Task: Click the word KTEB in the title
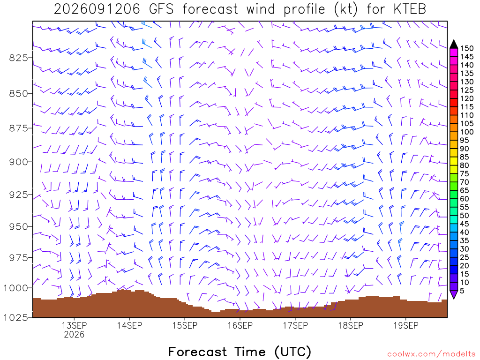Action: click(410, 9)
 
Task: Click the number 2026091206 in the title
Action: click(97, 9)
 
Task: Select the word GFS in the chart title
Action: click(161, 9)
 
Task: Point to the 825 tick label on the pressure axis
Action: click(19, 58)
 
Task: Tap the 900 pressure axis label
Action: click(19, 162)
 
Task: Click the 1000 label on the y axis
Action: click(15, 288)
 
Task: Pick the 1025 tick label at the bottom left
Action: click(15, 317)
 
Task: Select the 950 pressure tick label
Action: click(19, 226)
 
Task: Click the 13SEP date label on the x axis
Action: click(74, 325)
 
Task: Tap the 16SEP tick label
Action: click(240, 325)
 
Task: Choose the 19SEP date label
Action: click(406, 325)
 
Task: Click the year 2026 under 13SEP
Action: click(74, 334)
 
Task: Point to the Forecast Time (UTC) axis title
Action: click(240, 352)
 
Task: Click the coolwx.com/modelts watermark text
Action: click(431, 354)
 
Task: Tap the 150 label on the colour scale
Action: click(467, 48)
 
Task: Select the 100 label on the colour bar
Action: click(467, 132)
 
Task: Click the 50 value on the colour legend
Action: click(465, 216)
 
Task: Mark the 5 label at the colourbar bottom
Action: click(462, 291)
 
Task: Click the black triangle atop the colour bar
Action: click(454, 45)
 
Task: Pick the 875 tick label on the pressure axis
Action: click(19, 128)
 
